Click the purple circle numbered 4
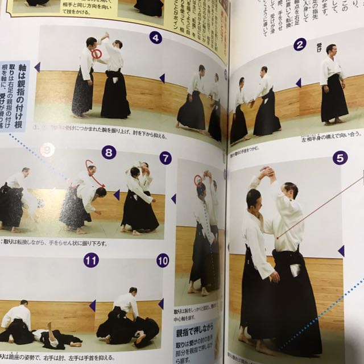click(x=155, y=38)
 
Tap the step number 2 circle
click(x=300, y=44)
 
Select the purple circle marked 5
click(x=340, y=158)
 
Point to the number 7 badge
click(x=166, y=158)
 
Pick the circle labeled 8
click(x=108, y=152)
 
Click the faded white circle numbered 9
click(x=47, y=150)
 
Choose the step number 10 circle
click(x=163, y=261)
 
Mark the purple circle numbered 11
click(x=90, y=260)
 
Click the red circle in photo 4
click(x=97, y=54)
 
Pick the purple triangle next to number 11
click(x=92, y=305)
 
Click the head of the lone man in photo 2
click(x=330, y=49)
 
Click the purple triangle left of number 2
click(x=298, y=82)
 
